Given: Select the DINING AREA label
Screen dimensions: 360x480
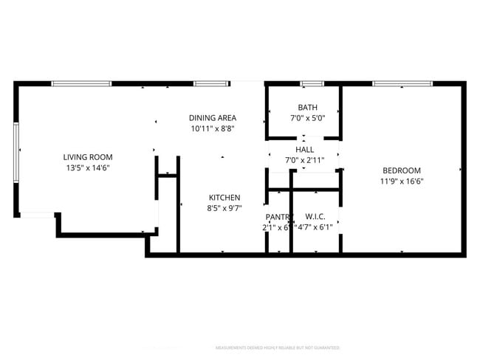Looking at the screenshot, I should (212, 118).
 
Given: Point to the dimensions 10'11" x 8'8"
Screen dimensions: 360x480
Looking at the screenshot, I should (212, 128).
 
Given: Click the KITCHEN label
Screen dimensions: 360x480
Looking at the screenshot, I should (224, 198).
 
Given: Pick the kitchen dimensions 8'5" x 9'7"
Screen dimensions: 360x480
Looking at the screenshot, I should (224, 208).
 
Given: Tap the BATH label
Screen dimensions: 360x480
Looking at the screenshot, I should (307, 108).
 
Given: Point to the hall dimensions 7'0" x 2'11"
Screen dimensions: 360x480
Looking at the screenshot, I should (304, 159).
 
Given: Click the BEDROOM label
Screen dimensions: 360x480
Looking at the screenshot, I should (401, 170).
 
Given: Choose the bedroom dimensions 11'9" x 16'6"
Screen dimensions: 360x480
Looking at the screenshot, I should (401, 181).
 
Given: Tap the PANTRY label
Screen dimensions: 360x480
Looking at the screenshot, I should (279, 217).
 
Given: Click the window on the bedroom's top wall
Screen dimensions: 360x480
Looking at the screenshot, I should (402, 83).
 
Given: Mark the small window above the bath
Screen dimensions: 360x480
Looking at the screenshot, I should (312, 83).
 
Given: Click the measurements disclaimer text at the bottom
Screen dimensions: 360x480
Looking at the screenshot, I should (277, 347).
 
